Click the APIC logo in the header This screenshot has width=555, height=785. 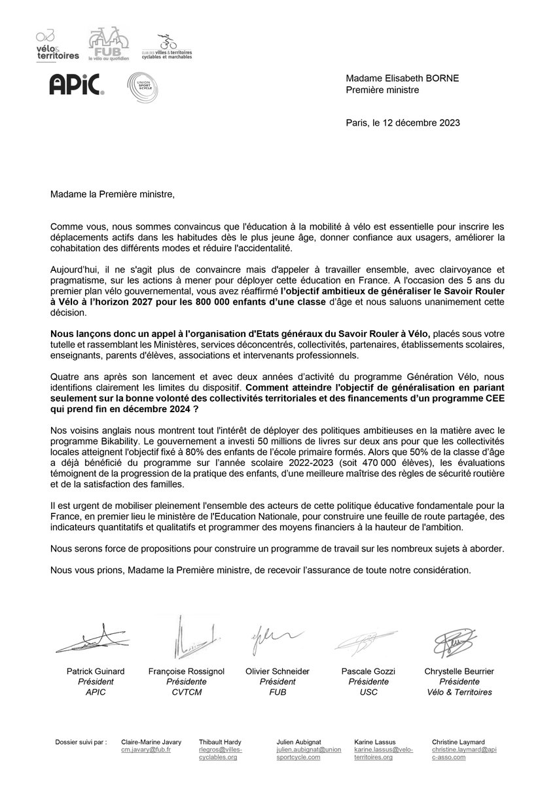point(77,85)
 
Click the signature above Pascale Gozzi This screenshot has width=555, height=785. point(364,641)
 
